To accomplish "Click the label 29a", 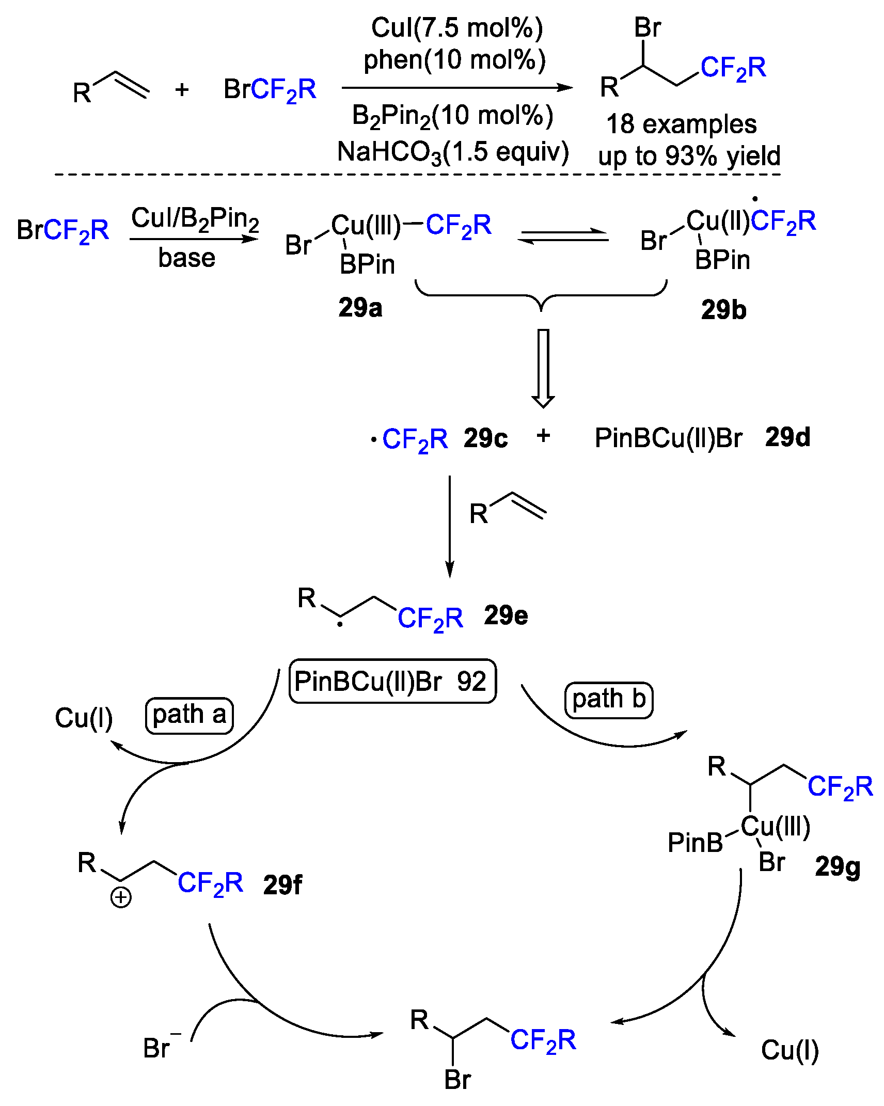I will (360, 308).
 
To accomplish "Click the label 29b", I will (723, 310).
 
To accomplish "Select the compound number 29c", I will (485, 438).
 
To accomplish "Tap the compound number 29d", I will (787, 437).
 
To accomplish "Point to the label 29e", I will (506, 615).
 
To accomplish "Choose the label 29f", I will (282, 885).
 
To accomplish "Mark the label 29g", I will (838, 867).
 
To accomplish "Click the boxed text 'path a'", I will (189, 715).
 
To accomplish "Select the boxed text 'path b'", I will (609, 700).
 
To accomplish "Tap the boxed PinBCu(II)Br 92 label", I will (392, 681).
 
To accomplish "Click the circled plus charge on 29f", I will (121, 897).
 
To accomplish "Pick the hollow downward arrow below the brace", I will (543, 368).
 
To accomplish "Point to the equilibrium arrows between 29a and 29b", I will (563, 236).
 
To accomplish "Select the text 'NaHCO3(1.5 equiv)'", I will (453, 152).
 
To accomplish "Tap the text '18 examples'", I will (681, 124).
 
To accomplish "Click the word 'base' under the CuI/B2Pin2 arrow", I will (186, 258).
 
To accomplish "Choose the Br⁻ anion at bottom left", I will (159, 1048).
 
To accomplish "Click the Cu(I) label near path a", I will (84, 718).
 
